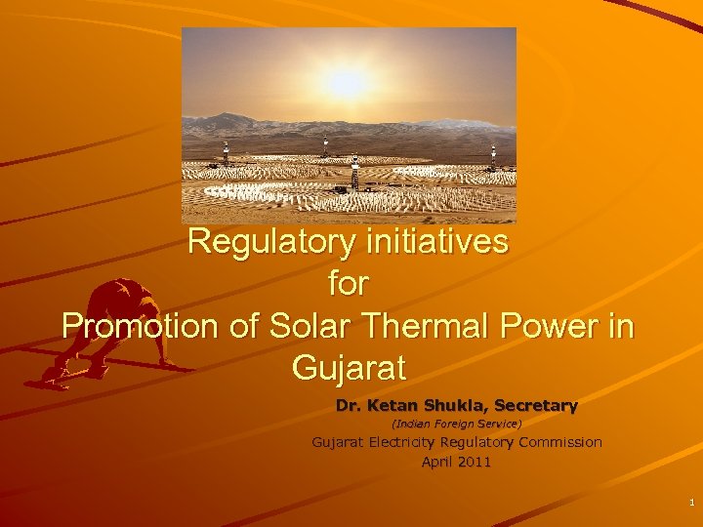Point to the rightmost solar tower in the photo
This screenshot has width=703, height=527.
coord(493,154)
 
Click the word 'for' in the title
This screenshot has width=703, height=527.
coord(349,284)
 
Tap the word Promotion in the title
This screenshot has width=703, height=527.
coord(137,326)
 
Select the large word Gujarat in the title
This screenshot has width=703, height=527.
coord(349,369)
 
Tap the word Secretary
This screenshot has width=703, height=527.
coord(536,404)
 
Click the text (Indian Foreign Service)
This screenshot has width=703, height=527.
coord(456,425)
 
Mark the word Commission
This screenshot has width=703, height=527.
coord(560,442)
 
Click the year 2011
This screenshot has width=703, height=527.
coord(475,462)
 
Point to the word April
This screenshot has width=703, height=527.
coord(437,462)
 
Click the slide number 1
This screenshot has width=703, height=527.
coord(691,503)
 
